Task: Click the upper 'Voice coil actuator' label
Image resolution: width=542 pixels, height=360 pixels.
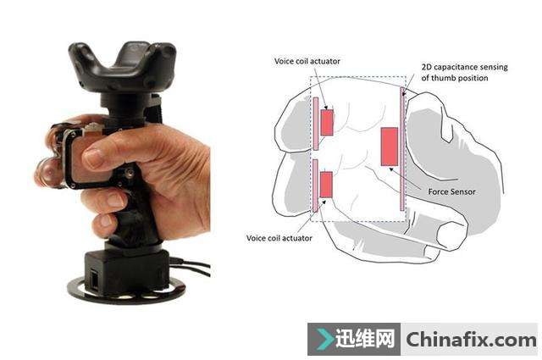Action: [307, 61]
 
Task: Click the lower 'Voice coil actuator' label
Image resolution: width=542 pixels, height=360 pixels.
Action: [279, 238]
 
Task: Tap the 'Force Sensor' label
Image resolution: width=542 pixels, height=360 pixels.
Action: [451, 191]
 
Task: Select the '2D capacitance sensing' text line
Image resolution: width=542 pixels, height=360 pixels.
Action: [465, 67]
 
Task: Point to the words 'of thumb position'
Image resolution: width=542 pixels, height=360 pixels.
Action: [455, 78]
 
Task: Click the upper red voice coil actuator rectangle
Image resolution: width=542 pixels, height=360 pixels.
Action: [327, 123]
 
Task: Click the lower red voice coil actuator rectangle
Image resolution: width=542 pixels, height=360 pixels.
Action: [326, 185]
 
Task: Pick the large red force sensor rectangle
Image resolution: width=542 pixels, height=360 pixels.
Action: [390, 147]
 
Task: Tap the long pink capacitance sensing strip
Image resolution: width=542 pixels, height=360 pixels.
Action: [402, 149]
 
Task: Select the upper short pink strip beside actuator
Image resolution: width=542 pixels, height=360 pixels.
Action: [316, 124]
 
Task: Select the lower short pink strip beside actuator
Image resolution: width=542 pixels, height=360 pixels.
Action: [315, 186]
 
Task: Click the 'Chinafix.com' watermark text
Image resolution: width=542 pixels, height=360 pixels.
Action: [471, 340]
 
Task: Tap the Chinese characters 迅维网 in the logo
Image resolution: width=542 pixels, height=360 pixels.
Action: [365, 339]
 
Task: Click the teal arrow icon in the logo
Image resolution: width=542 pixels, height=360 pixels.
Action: [324, 339]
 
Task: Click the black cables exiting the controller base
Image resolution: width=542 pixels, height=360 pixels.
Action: [191, 266]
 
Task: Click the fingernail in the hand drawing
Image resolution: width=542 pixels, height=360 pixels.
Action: [450, 235]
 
